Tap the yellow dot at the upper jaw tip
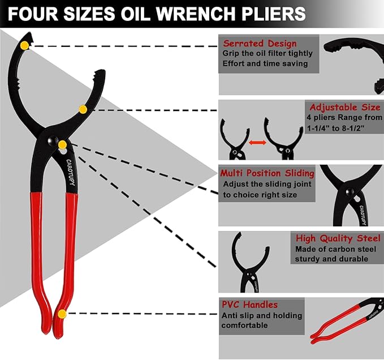[x=24, y=45]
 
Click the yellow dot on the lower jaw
[x=83, y=109]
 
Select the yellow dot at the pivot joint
[x=62, y=145]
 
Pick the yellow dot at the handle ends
[x=62, y=314]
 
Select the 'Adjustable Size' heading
[x=344, y=107]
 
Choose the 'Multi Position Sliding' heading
[x=267, y=173]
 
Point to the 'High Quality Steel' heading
[x=338, y=238]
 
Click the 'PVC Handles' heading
[x=250, y=305]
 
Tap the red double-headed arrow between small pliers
[x=257, y=143]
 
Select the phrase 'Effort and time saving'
[x=266, y=63]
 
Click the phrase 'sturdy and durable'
[x=331, y=259]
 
